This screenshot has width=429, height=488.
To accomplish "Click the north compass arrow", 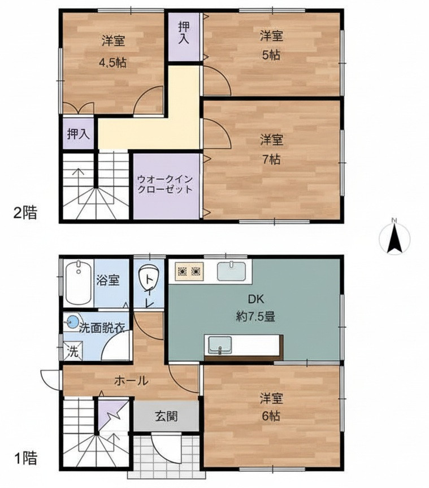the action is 394,239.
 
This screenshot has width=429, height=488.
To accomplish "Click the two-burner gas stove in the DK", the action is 189,271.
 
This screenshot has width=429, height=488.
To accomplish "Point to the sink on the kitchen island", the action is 220,345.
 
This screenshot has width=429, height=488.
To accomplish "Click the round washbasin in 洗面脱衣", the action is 73,321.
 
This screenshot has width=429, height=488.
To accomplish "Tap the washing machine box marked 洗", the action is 73,351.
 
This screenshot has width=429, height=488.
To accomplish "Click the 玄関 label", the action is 166,416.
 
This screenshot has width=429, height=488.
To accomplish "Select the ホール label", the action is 131,380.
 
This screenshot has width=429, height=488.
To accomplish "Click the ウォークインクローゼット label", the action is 165,184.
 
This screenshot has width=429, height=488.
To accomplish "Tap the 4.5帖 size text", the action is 113,63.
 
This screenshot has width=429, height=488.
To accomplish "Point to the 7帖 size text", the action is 271,159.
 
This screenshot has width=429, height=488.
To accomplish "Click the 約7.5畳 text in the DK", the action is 255,317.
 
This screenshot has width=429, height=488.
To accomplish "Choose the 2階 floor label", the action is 25,213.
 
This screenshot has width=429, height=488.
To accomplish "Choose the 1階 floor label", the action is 26,458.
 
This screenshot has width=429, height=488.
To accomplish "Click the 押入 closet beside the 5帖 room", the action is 184,37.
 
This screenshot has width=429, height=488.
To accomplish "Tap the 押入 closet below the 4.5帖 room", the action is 79,134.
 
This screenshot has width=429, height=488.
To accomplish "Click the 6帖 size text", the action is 271,416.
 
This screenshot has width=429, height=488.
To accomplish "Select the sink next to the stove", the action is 231,271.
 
